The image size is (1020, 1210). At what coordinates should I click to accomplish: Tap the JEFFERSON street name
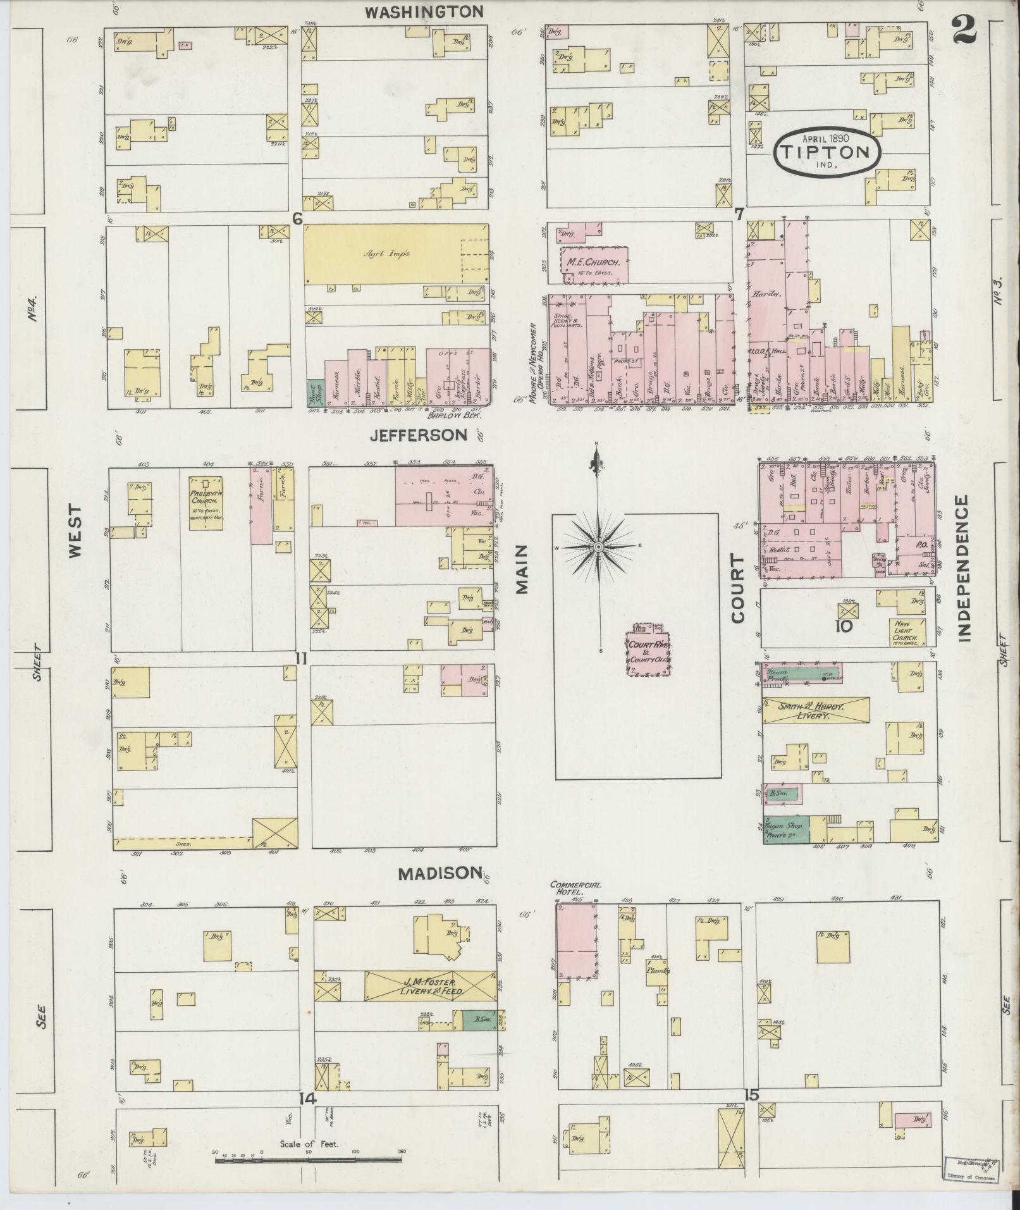pyautogui.click(x=419, y=435)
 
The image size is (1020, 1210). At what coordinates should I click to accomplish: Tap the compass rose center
pyautogui.click(x=598, y=545)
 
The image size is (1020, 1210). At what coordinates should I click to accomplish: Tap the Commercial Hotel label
pyautogui.click(x=575, y=888)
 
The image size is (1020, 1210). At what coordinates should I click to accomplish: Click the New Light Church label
pyautogui.click(x=909, y=631)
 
